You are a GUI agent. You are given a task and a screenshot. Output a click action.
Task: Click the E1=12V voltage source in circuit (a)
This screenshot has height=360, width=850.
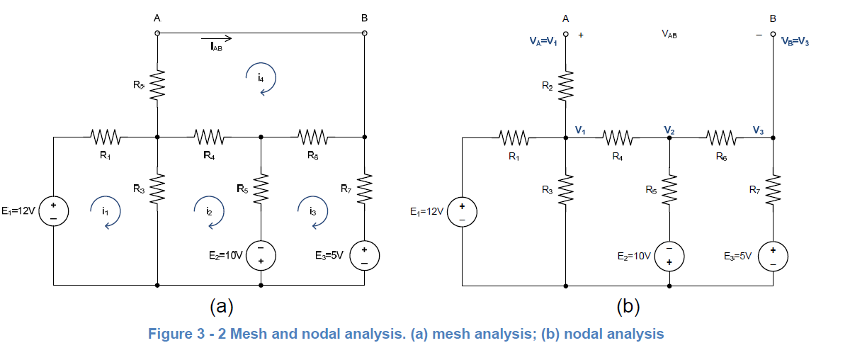53,211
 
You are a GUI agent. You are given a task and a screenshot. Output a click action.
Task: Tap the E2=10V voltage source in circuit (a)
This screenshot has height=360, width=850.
261,254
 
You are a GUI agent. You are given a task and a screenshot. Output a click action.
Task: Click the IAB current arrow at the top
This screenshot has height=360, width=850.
216,39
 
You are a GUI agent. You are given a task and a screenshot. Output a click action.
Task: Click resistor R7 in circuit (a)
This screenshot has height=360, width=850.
365,188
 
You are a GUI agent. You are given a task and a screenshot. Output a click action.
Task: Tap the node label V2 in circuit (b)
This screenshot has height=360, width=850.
669,129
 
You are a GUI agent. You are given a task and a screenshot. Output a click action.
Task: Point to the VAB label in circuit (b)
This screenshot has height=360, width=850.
669,33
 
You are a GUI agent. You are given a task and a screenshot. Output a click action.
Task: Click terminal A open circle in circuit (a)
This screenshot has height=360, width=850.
157,33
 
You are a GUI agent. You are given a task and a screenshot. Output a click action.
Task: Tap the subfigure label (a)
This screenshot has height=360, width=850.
221,306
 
